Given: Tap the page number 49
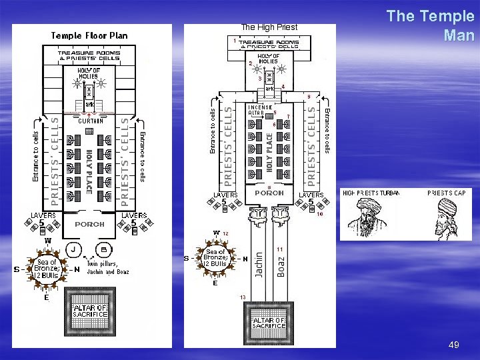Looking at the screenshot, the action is tap(454, 345).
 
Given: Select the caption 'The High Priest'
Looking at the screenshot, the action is tap(269, 27).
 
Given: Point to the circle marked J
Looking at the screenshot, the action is tap(71, 251).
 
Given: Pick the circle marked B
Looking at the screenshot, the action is tap(104, 251).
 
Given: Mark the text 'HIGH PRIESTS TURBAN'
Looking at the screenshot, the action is tap(371, 193).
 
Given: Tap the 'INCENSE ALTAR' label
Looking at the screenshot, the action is tap(259, 110).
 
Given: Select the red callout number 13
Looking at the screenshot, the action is tap(243, 297).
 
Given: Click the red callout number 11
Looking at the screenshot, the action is tap(280, 249).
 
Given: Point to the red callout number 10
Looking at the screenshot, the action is tap(320, 214).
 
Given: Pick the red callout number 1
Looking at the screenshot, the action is tap(234, 41).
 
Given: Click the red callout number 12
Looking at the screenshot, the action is tap(226, 233).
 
